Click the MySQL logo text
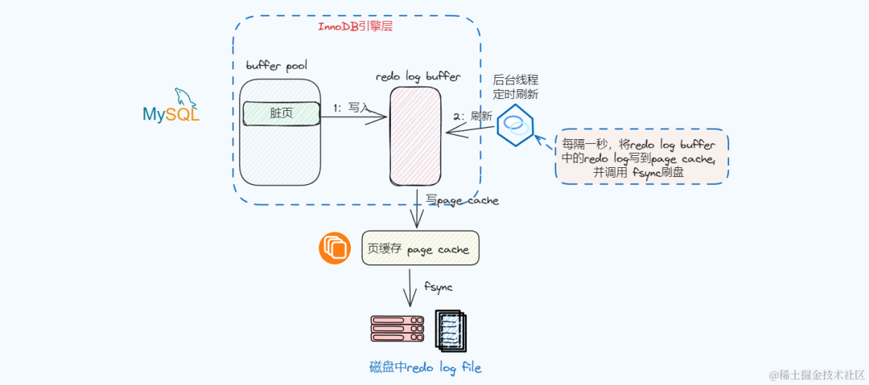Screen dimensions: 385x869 (171, 114)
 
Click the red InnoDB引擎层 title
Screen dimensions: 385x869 (356, 27)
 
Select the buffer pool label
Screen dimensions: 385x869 (276, 64)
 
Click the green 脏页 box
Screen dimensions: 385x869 (280, 114)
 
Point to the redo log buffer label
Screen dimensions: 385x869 (418, 77)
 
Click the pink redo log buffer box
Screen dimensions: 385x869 (415, 136)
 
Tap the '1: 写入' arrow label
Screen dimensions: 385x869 (352, 108)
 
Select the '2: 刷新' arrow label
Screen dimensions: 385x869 (472, 116)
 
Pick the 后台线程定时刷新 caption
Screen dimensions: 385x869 (516, 87)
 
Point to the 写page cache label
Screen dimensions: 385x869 (462, 200)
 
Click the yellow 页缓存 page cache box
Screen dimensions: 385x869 (420, 249)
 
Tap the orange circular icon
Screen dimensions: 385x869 (334, 248)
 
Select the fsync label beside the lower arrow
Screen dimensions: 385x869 (439, 286)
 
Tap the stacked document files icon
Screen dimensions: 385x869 (450, 330)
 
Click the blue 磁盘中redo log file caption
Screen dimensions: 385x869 (425, 368)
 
